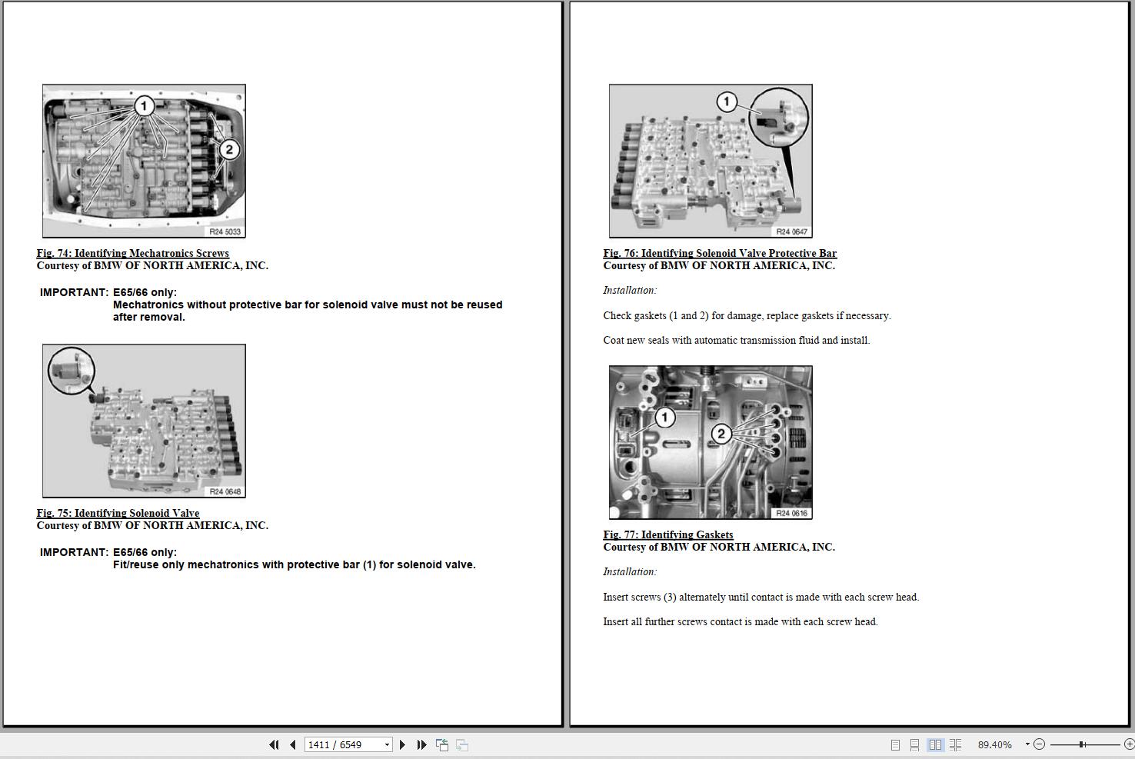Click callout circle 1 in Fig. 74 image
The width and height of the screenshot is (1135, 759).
pos(144,106)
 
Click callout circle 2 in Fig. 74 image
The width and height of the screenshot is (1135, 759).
pos(229,149)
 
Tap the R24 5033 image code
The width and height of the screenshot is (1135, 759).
pos(225,231)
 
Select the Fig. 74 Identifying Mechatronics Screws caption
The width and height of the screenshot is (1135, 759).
pos(133,253)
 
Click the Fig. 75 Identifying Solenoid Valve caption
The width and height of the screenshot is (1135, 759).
pos(118,513)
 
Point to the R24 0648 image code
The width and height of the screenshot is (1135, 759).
pos(225,491)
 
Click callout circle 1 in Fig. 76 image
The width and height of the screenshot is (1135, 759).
pos(726,102)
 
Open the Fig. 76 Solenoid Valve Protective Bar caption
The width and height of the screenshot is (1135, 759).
pos(720,253)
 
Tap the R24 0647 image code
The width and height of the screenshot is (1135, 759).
pos(791,231)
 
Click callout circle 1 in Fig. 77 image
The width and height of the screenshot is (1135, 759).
pos(665,418)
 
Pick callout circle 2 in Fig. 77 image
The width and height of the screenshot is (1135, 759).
pos(721,434)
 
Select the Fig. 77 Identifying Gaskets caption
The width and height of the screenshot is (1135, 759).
pos(667,534)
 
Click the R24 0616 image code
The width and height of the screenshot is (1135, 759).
pos(791,513)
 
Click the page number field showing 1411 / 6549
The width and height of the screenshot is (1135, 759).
pos(348,745)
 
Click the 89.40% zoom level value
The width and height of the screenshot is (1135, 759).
pos(994,745)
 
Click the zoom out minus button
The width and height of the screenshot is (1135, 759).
pos(1039,744)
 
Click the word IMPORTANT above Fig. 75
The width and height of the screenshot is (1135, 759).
pos(74,292)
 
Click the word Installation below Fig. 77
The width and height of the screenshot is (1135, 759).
pos(630,571)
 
